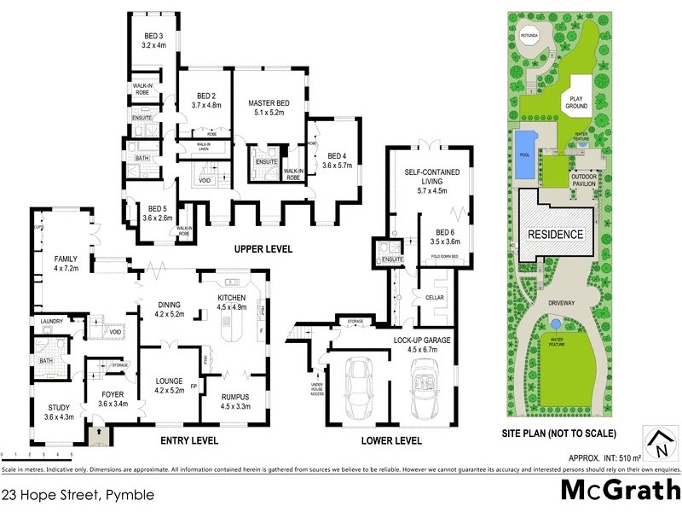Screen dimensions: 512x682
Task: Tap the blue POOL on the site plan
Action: [523, 156]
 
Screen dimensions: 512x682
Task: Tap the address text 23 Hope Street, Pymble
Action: [66, 493]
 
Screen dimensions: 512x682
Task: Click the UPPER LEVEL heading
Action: [264, 249]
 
